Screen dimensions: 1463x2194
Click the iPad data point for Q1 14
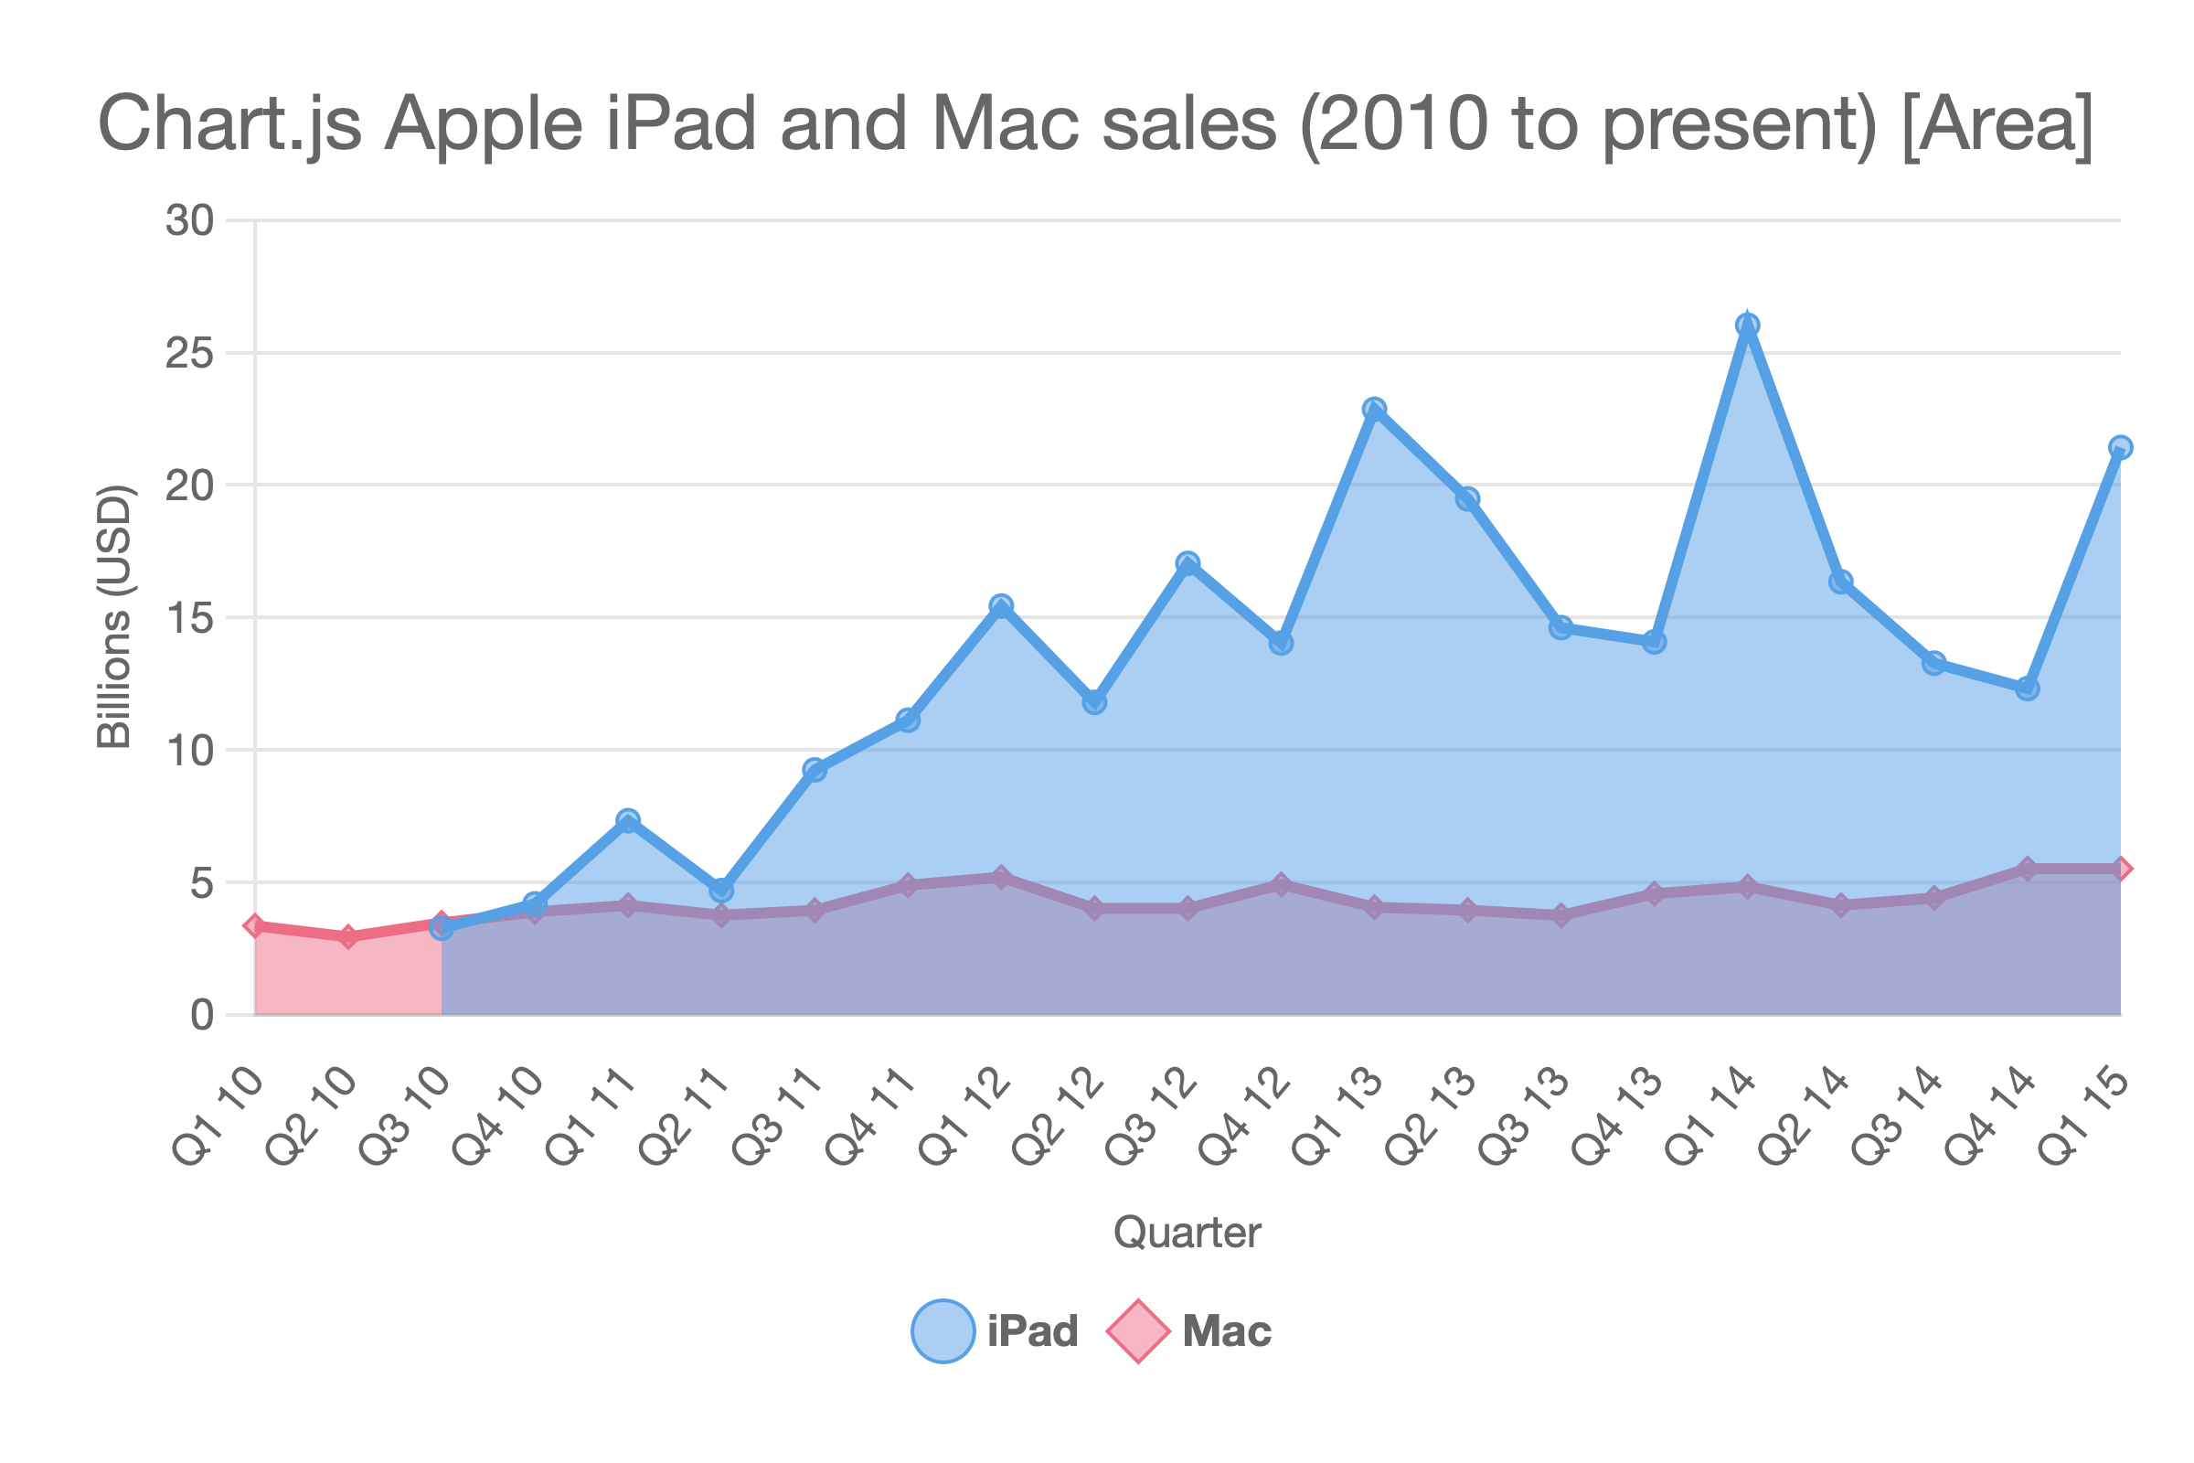1747,326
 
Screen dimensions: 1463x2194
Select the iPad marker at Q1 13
1374,410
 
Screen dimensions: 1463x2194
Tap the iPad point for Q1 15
2120,448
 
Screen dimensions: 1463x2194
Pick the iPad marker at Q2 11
721,891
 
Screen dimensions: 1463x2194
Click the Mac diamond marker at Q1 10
255,925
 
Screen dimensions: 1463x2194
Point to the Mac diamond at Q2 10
348,936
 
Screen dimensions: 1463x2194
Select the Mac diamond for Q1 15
2120,870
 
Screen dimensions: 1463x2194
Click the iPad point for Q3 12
1188,563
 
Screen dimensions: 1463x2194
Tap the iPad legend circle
943,1331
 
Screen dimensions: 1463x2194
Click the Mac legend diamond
1138,1331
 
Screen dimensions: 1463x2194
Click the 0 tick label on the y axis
201,1015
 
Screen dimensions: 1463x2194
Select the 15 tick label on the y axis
189,618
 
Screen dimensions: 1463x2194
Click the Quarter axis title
1187,1233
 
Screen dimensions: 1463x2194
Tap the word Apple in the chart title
484,124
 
